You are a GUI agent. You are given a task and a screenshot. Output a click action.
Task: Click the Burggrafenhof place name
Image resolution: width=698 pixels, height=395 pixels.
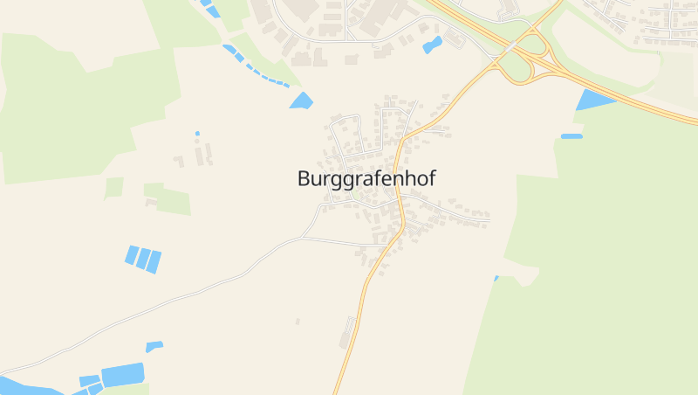tap(366, 178)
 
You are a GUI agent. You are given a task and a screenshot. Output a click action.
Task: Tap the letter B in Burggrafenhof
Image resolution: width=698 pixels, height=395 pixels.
tap(303, 178)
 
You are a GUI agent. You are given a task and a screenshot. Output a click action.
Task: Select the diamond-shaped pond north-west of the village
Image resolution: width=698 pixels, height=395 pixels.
tap(301, 101)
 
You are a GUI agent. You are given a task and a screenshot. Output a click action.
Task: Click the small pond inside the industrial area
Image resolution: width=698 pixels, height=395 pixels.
tap(432, 45)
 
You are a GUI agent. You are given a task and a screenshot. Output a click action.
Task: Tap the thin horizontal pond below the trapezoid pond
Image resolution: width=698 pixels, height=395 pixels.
tap(571, 136)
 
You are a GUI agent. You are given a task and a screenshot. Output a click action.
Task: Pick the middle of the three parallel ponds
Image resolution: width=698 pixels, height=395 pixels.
tap(143, 258)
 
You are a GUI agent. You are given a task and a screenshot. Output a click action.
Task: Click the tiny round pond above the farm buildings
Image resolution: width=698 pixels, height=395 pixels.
tap(197, 133)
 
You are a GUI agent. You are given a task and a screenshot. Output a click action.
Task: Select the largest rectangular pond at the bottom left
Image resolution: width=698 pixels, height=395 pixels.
tap(122, 374)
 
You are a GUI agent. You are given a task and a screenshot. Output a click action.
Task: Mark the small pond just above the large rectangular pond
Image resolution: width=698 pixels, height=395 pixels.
tap(154, 346)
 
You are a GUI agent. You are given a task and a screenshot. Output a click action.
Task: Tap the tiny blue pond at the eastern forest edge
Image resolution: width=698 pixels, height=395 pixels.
tap(496, 279)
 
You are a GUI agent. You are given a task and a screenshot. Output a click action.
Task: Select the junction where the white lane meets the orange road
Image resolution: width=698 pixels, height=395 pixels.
tap(385, 246)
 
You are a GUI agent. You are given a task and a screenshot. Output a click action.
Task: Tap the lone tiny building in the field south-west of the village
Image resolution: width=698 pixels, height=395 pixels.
tap(298, 322)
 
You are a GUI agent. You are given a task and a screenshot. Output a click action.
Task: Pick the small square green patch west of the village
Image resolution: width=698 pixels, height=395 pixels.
tap(113, 187)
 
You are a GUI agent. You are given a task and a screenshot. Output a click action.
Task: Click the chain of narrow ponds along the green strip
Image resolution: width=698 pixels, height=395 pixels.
tap(257, 68)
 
